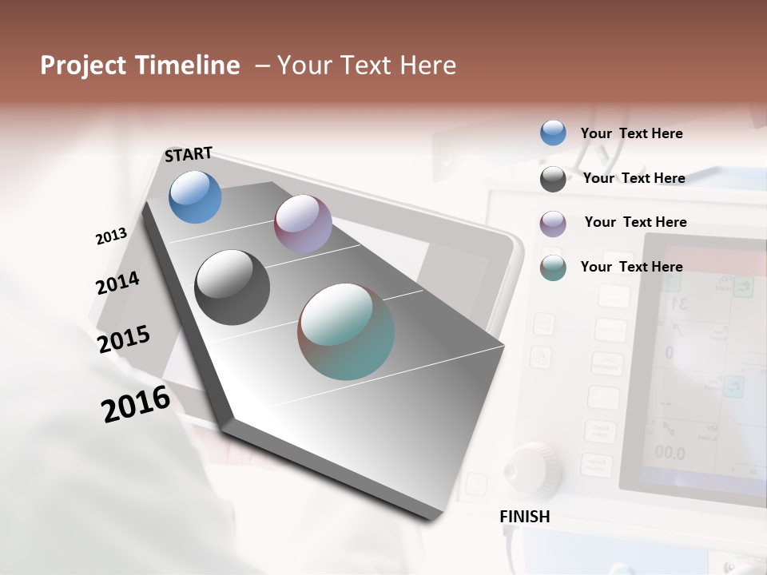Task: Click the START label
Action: (189, 154)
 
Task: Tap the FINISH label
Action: (525, 517)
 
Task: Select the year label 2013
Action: (111, 236)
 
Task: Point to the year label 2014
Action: (117, 284)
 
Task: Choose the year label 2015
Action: (124, 339)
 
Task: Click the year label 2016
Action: (136, 404)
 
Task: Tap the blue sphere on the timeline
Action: (196, 196)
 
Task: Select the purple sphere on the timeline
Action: (303, 224)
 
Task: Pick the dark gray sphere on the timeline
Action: (232, 287)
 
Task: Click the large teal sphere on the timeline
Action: (346, 331)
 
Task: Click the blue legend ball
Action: (553, 133)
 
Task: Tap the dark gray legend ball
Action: (553, 179)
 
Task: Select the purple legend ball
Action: (553, 224)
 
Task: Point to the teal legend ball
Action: (553, 268)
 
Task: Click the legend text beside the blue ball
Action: (631, 133)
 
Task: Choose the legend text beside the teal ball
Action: (631, 267)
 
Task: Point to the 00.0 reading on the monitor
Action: (670, 453)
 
